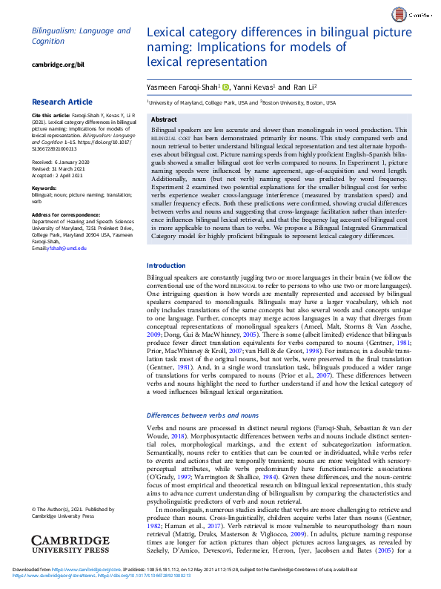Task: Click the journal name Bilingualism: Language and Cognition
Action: tap(81, 36)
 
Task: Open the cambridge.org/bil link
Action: tap(54, 65)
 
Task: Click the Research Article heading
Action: tap(62, 102)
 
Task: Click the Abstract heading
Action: tap(163, 119)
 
